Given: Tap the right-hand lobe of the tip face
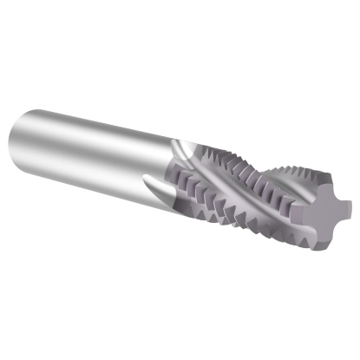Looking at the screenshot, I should coord(346,207).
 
